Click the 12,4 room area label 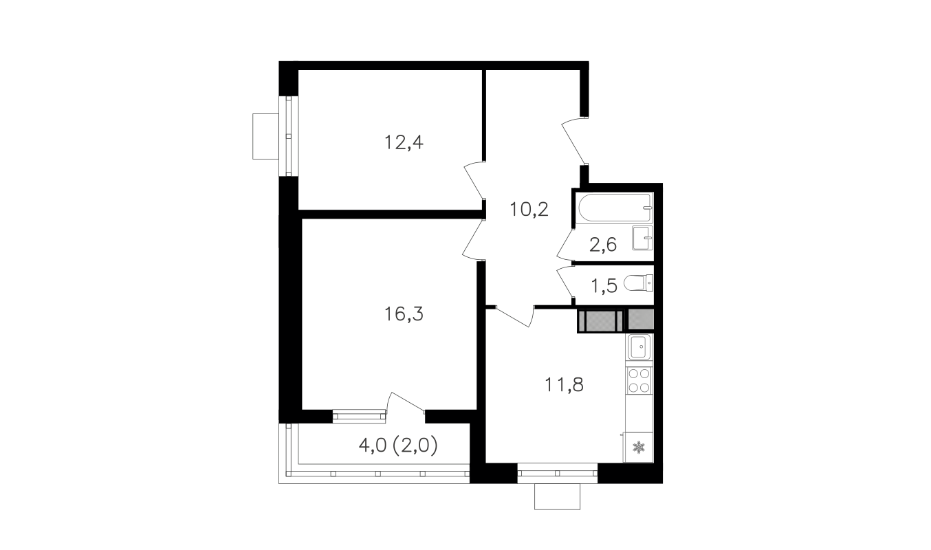[404, 142]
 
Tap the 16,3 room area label [404, 314]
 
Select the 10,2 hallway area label [529, 210]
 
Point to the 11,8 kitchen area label [564, 385]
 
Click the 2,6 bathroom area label [602, 245]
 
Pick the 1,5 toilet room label [604, 286]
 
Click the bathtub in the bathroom [614, 208]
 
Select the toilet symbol [638, 283]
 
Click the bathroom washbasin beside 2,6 [642, 238]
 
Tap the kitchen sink [639, 346]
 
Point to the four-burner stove [639, 380]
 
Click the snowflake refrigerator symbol [637, 448]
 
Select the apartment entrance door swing [574, 142]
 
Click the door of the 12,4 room [474, 181]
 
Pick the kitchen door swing [514, 317]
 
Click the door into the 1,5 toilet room [565, 281]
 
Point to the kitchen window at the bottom [558, 473]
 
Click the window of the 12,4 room [288, 136]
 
